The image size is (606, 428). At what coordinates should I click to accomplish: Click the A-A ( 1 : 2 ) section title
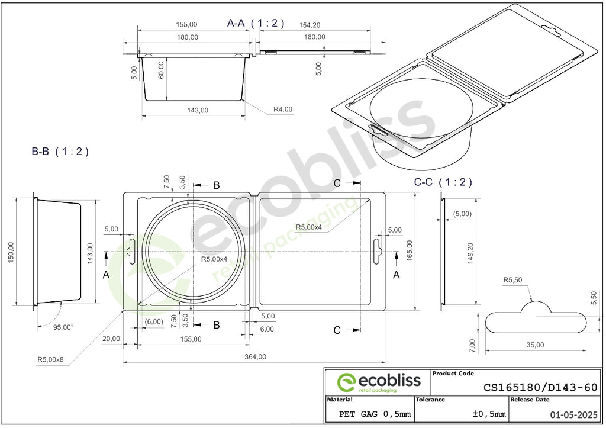pos(256,23)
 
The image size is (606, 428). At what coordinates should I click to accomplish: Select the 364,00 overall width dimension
pos(256,357)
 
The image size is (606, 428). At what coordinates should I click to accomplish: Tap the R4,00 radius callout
pos(283,110)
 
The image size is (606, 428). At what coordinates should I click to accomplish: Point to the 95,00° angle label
pos(63,327)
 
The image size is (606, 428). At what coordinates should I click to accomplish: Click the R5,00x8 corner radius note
pos(50,359)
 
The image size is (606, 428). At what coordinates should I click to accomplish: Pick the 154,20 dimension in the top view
pos(310,25)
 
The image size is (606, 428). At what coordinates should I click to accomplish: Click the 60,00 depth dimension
pos(161,70)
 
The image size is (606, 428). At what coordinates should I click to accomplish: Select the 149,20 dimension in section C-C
pos(470,253)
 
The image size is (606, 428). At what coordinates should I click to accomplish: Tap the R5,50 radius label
pos(512,280)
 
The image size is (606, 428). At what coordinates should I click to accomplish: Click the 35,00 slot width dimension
pos(535,345)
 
